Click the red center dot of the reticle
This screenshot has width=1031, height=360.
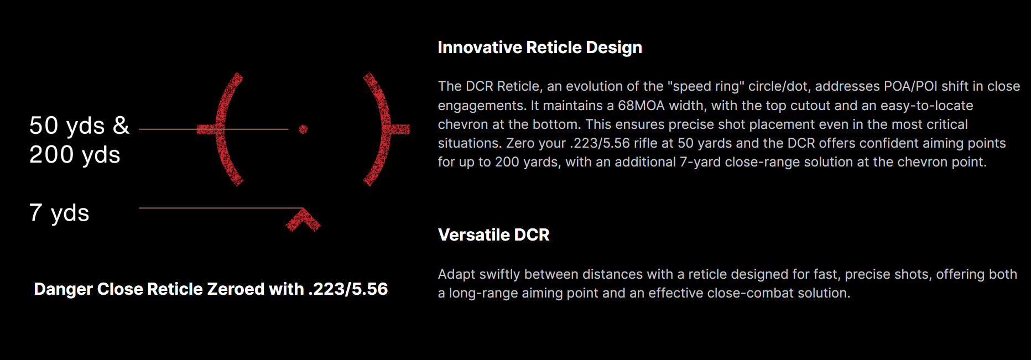pyautogui.click(x=303, y=129)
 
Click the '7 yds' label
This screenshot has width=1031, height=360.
pyautogui.click(x=59, y=213)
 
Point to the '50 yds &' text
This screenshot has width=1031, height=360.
pyautogui.click(x=79, y=126)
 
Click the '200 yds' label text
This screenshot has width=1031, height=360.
pyautogui.click(x=75, y=155)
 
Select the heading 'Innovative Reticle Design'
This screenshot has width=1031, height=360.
pyautogui.click(x=540, y=48)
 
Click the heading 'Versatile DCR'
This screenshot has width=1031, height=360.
pyautogui.click(x=493, y=235)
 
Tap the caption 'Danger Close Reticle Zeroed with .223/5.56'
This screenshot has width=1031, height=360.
pyautogui.click(x=211, y=289)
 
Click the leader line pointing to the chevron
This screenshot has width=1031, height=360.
pyautogui.click(x=221, y=208)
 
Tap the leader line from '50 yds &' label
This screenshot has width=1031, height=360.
pyautogui.click(x=214, y=129)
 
